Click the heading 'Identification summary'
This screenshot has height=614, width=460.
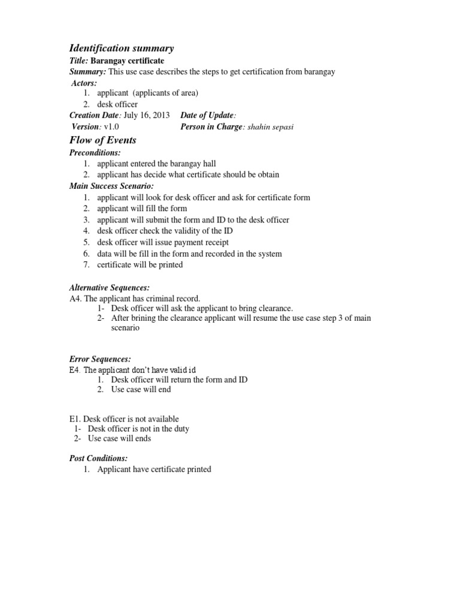click(x=122, y=48)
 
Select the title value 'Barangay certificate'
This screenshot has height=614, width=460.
click(x=127, y=61)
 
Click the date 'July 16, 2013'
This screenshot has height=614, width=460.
click(x=147, y=115)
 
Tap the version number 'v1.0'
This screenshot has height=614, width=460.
click(x=111, y=127)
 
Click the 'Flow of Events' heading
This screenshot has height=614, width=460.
click(x=103, y=140)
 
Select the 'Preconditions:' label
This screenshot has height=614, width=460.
click(x=95, y=153)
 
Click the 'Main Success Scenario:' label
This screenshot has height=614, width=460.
click(x=112, y=186)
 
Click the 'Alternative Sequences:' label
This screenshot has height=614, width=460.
click(x=110, y=288)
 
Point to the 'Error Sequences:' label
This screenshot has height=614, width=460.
click(x=100, y=359)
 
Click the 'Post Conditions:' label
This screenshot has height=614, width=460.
click(x=99, y=458)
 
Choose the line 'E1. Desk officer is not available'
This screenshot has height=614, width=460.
click(x=124, y=419)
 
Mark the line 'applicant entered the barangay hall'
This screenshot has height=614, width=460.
click(x=157, y=164)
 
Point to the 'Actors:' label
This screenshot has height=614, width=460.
click(x=84, y=83)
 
